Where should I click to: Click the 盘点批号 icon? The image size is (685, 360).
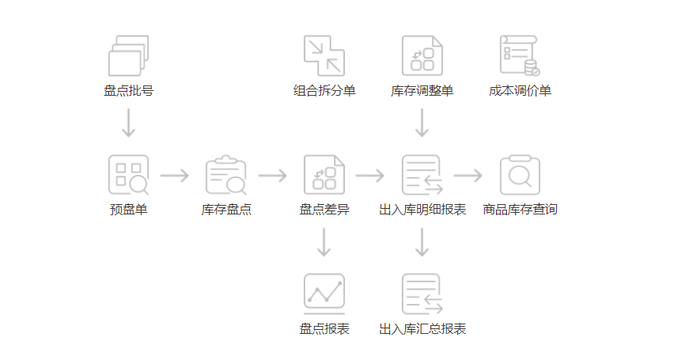pyautogui.click(x=128, y=55)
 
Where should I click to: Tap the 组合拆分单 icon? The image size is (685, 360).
pyautogui.click(x=324, y=55)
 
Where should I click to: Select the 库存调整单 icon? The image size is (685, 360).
pyautogui.click(x=422, y=55)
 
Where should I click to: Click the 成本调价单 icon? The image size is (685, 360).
pyautogui.click(x=520, y=55)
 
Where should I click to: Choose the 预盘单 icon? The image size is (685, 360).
pyautogui.click(x=128, y=175)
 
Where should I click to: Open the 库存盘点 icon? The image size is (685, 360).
pyautogui.click(x=226, y=175)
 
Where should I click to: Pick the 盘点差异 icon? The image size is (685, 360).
pyautogui.click(x=324, y=175)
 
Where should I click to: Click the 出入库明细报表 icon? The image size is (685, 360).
pyautogui.click(x=422, y=175)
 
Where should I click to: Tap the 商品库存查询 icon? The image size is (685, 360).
pyautogui.click(x=520, y=175)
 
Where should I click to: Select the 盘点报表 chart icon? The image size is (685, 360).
pyautogui.click(x=324, y=294)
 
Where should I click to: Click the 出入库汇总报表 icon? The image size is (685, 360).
pyautogui.click(x=422, y=294)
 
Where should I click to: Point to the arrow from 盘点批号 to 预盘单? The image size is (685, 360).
pyautogui.click(x=128, y=123)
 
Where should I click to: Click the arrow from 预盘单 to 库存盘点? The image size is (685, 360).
pyautogui.click(x=175, y=176)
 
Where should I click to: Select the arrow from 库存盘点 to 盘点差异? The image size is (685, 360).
pyautogui.click(x=273, y=176)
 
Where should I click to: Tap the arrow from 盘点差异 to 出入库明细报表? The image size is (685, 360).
pyautogui.click(x=370, y=176)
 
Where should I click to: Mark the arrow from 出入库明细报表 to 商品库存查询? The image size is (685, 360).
pyautogui.click(x=468, y=176)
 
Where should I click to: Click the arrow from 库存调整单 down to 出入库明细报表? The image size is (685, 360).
pyautogui.click(x=422, y=123)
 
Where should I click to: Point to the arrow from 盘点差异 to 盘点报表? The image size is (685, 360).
pyautogui.click(x=324, y=242)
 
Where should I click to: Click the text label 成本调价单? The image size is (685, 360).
pyautogui.click(x=520, y=91)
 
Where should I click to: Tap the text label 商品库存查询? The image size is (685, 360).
pyautogui.click(x=520, y=210)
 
